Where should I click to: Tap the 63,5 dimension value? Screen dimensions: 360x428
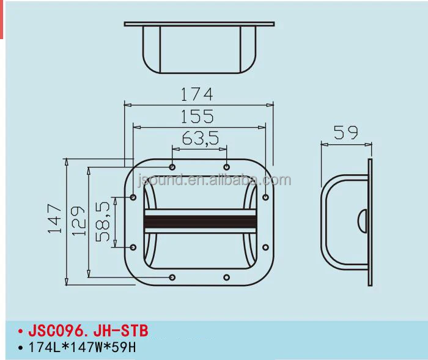tap(199, 138)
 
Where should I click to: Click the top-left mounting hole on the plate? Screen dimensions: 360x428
tap(172, 167)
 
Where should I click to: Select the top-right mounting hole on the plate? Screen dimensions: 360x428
tap(227, 167)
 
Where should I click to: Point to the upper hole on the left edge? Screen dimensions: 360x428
tap(134, 197)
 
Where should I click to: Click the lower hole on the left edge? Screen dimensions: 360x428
tap(134, 247)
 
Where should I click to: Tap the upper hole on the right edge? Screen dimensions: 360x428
tap(266, 197)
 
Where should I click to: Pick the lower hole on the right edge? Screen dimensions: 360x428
tap(265, 247)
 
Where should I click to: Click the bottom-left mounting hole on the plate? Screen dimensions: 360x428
tap(172, 278)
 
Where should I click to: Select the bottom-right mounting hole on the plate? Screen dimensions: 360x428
tap(227, 278)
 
